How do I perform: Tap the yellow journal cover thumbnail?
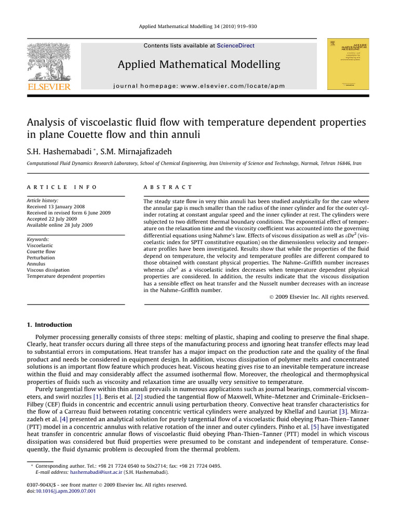pyautogui.click(x=344, y=64)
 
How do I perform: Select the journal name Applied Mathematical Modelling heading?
pyautogui.click(x=199, y=64)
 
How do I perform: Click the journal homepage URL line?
pyautogui.click(x=199, y=86)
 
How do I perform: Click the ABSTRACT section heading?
pyautogui.click(x=167, y=187)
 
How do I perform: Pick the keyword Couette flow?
pyautogui.click(x=41, y=251)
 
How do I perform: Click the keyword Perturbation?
pyautogui.click(x=42, y=258)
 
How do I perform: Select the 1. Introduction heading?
pyautogui.click(x=49, y=325)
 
